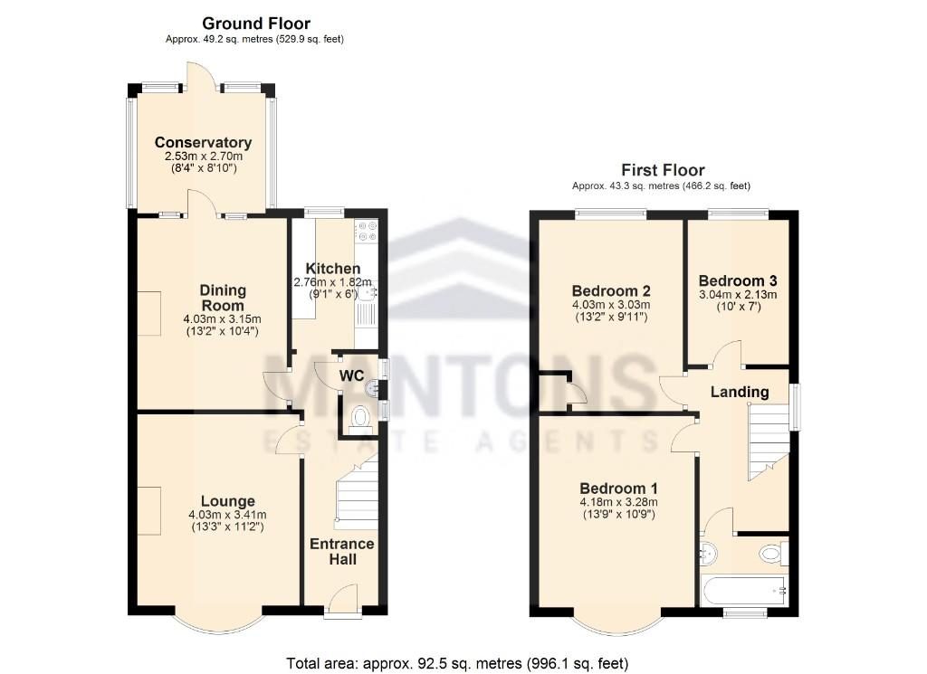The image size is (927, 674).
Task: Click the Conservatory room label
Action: point(203,143)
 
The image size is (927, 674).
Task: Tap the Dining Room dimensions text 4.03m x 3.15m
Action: point(222,318)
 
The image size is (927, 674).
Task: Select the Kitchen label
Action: point(332,269)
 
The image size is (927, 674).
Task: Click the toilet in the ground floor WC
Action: point(359,418)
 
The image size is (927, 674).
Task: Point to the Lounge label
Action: point(227,501)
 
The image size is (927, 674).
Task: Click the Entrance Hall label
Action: point(341,551)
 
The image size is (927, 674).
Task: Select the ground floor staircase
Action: point(356,493)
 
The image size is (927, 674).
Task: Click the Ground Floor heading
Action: point(255,24)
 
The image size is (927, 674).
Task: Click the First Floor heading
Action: point(662,170)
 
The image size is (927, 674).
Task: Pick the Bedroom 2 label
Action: point(611,290)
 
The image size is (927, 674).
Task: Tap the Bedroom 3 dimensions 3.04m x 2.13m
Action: point(737,294)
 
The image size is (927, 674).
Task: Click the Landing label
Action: point(739,392)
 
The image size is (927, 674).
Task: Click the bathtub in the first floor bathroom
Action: point(742,592)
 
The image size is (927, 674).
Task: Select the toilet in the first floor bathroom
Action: point(772,551)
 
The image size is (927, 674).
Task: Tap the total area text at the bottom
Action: point(456,662)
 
